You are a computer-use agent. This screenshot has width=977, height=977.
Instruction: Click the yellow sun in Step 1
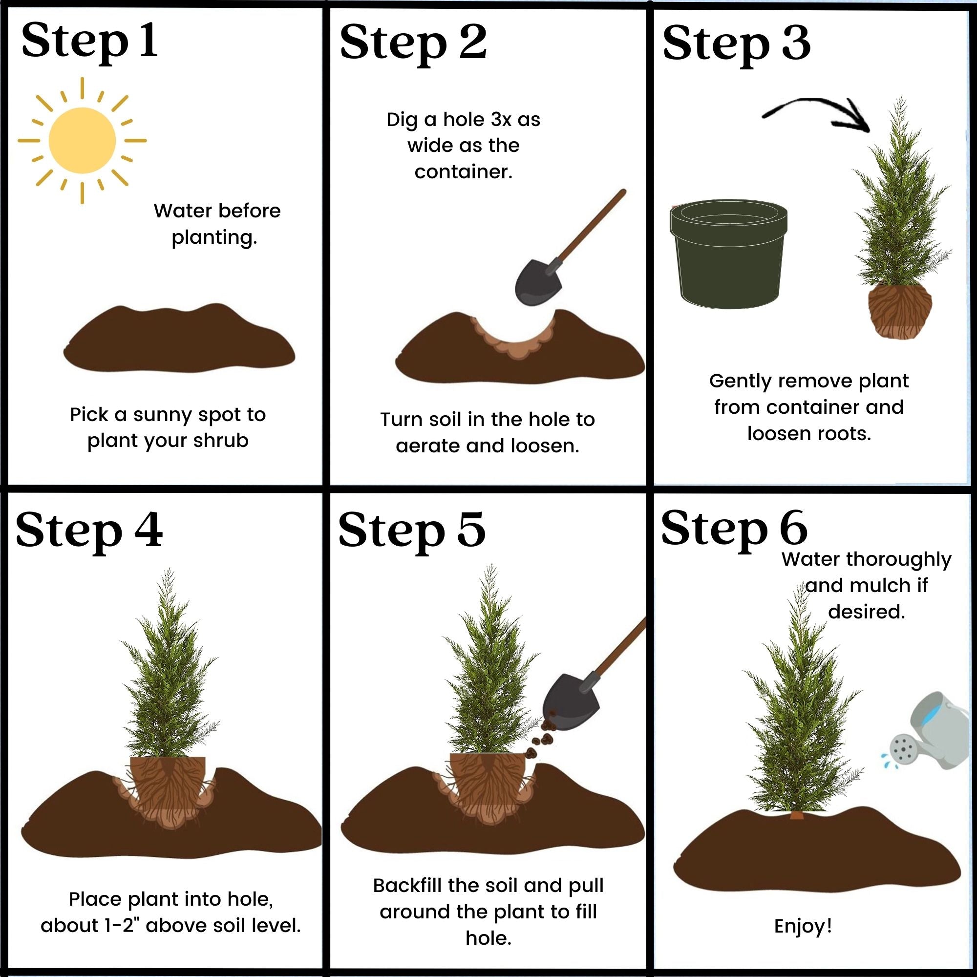82,141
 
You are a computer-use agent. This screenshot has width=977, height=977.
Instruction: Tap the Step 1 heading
89,42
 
